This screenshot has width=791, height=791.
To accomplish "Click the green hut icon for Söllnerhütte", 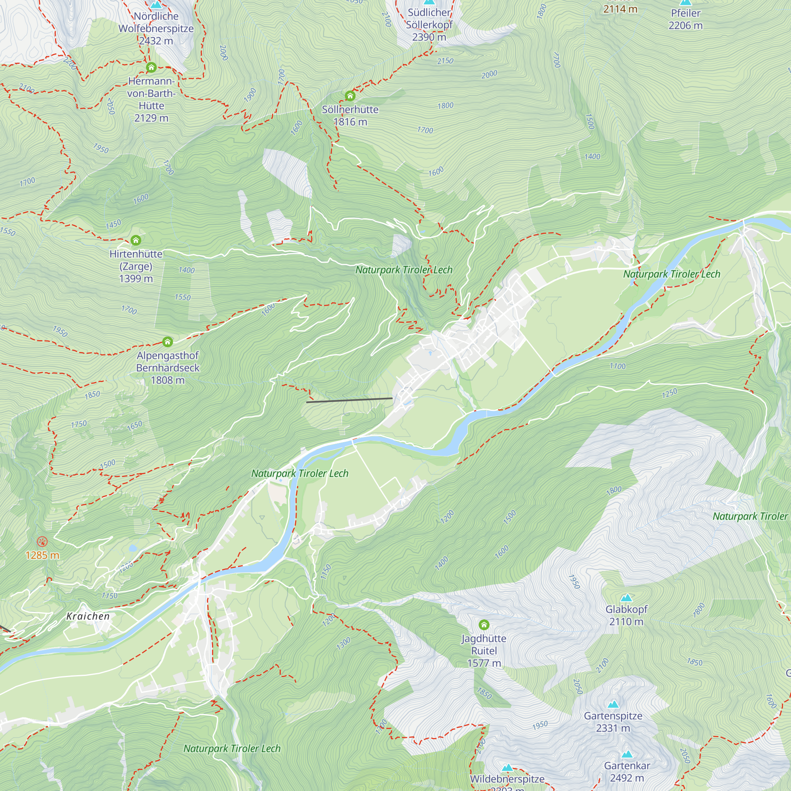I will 350,96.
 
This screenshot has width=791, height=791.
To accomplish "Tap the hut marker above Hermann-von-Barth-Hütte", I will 151,67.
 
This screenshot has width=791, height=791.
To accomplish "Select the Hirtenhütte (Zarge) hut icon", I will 136,240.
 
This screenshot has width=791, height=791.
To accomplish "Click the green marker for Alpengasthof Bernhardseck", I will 167,341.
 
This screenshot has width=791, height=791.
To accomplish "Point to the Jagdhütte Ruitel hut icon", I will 484,624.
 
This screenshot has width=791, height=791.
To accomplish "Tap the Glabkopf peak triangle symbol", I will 626,598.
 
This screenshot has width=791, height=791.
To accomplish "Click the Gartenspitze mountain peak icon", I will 613,704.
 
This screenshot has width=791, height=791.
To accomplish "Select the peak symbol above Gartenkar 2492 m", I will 627,754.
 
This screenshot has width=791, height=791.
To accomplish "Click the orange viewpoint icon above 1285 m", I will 42,542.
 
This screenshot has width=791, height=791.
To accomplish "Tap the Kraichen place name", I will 88,616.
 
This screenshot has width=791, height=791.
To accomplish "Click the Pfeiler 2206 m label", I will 685,19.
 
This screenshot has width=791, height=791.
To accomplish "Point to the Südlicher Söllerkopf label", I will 429,19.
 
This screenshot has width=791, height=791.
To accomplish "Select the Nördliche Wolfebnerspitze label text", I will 156,23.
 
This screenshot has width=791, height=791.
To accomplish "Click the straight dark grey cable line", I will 349,400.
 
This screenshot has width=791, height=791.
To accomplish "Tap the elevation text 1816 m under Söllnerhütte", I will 350,122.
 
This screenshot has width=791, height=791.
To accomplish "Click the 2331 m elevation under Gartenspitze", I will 613,728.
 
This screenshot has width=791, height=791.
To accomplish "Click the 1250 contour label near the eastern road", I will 670,394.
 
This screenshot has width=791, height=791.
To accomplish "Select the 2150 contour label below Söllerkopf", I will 445,61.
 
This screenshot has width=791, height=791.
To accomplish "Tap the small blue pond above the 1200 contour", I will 132,548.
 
